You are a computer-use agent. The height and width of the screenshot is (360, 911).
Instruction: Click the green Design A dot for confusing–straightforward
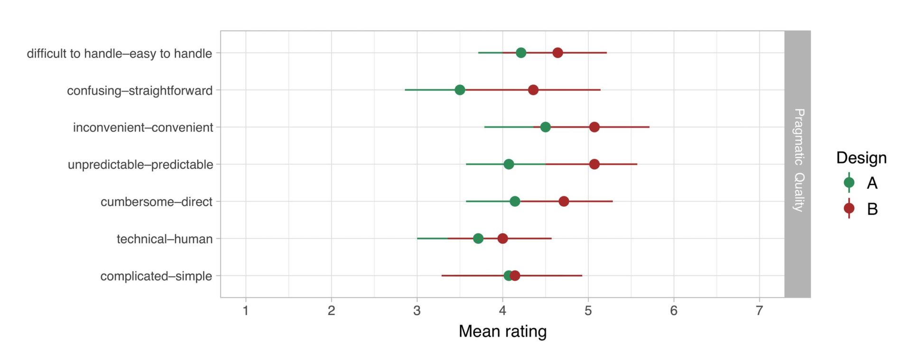tap(459, 90)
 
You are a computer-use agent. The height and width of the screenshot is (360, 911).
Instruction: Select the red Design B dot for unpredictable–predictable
tap(594, 164)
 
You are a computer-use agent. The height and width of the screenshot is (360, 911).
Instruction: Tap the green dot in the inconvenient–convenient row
tap(545, 127)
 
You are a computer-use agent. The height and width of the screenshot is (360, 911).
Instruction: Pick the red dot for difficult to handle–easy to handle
tap(558, 53)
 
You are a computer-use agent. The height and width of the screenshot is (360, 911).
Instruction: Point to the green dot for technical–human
tap(478, 239)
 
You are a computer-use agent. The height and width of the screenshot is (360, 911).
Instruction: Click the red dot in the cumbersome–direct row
tap(564, 202)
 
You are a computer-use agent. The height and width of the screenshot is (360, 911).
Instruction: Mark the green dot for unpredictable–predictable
tap(509, 164)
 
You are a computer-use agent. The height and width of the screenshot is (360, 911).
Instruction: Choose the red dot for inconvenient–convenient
tap(594, 127)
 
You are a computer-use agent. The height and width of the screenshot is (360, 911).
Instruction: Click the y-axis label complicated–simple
tap(156, 276)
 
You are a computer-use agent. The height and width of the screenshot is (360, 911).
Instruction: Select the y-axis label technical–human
tap(164, 239)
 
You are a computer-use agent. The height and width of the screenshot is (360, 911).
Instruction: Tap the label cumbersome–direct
tap(156, 202)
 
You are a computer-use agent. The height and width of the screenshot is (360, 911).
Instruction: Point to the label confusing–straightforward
tap(139, 91)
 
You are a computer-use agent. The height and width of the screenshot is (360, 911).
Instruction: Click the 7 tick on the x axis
tap(759, 311)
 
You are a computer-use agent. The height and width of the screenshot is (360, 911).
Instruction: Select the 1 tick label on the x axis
tap(246, 311)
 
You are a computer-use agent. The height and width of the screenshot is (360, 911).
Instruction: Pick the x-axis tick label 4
tap(502, 311)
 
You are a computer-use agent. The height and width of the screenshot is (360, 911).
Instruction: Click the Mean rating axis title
tap(502, 331)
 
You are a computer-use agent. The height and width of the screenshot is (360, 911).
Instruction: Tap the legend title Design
tap(861, 158)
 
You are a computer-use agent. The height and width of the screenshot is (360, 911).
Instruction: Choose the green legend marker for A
tap(849, 183)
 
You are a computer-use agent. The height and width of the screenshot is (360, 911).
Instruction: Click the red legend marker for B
tap(849, 209)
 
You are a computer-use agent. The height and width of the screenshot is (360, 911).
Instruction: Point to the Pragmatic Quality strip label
tap(798, 160)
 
